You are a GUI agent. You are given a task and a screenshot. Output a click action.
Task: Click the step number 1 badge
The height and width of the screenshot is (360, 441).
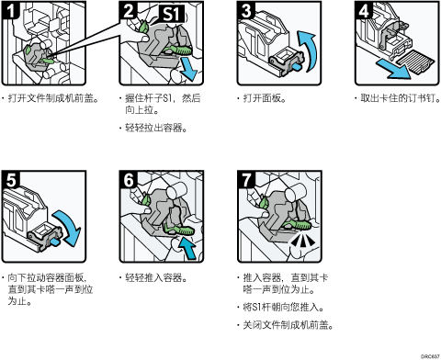(11, 10)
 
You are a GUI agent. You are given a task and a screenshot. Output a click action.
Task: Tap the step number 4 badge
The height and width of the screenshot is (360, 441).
(364, 10)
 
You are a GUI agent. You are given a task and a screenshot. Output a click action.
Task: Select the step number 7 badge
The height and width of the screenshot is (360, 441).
(246, 179)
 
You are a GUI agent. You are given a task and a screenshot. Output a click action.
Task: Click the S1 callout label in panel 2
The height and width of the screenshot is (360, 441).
(171, 14)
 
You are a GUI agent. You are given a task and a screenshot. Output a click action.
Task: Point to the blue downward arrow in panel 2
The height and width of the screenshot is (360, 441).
(188, 69)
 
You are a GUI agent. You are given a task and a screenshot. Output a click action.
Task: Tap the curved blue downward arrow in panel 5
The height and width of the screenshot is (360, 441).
(68, 227)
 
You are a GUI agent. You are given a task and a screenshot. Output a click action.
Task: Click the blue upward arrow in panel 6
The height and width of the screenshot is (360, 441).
(187, 248)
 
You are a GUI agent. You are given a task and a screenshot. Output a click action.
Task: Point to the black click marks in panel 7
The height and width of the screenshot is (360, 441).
(302, 242)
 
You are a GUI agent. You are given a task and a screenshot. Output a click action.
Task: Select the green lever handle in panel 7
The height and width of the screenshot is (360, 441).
(297, 224)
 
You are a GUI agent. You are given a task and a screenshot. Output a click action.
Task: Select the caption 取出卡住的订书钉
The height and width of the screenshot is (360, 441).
(401, 98)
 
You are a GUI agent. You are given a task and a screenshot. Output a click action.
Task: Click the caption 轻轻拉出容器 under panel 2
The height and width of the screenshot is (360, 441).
(156, 128)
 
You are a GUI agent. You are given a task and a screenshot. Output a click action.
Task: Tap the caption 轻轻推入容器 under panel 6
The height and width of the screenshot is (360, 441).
(156, 278)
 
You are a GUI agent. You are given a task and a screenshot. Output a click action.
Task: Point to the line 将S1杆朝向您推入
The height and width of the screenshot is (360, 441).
(283, 307)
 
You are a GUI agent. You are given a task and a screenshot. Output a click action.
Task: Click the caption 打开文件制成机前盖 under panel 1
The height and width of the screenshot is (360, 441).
(53, 98)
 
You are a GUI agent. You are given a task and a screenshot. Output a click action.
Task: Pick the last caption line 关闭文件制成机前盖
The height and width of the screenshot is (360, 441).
(288, 325)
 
